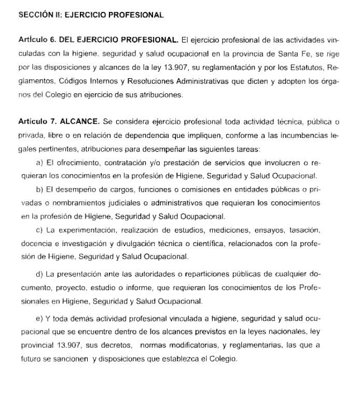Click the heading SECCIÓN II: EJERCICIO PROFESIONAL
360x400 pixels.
coord(91,15)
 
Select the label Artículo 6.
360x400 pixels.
coord(36,40)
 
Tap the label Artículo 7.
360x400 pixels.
coord(36,122)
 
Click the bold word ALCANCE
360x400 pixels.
coord(79,122)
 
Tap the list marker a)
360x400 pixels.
coord(39,162)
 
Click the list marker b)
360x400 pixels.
coord(39,189)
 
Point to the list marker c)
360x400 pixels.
coord(39,230)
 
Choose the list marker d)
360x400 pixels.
coord(39,274)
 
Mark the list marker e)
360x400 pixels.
coord(39,318)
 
